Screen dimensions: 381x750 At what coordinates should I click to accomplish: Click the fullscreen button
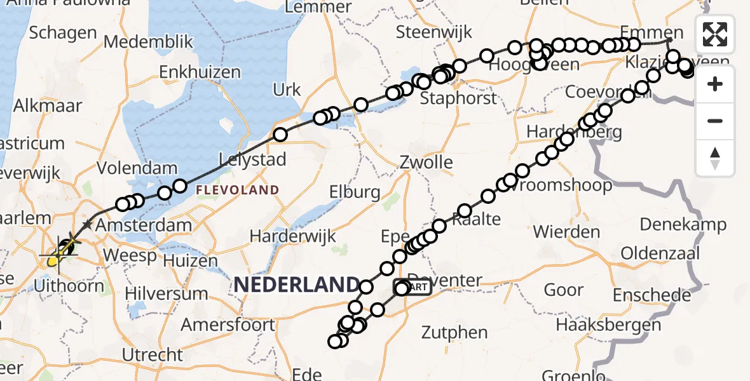pos(715,34)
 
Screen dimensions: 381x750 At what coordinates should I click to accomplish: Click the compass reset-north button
pos(715,158)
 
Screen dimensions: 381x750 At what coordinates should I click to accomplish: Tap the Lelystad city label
pos(252,159)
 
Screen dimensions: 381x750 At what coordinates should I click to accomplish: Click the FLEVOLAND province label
pos(237,190)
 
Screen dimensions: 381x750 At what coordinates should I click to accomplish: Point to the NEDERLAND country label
pos(296,284)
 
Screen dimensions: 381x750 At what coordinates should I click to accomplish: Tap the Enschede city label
pos(652,295)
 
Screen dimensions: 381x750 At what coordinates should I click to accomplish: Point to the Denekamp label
pos(683,224)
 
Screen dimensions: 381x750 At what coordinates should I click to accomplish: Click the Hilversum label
pos(166,294)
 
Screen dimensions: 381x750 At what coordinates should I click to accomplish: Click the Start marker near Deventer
pos(414,287)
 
